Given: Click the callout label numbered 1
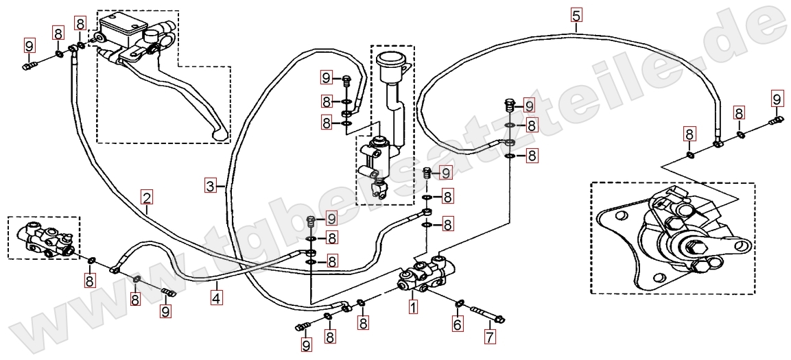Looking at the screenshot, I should coord(413,307).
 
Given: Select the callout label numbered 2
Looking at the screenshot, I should coord(147,198).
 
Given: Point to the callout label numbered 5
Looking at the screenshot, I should coord(575,14).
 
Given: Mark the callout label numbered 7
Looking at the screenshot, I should coord(490,337).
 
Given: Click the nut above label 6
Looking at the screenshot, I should coord(460,302).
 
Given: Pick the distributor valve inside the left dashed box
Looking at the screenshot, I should coord(44,239).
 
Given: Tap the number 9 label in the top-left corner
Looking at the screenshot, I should coord(29,46).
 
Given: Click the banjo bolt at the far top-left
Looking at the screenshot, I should coord(30,67).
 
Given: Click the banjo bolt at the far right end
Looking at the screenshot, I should coord(775,121).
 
